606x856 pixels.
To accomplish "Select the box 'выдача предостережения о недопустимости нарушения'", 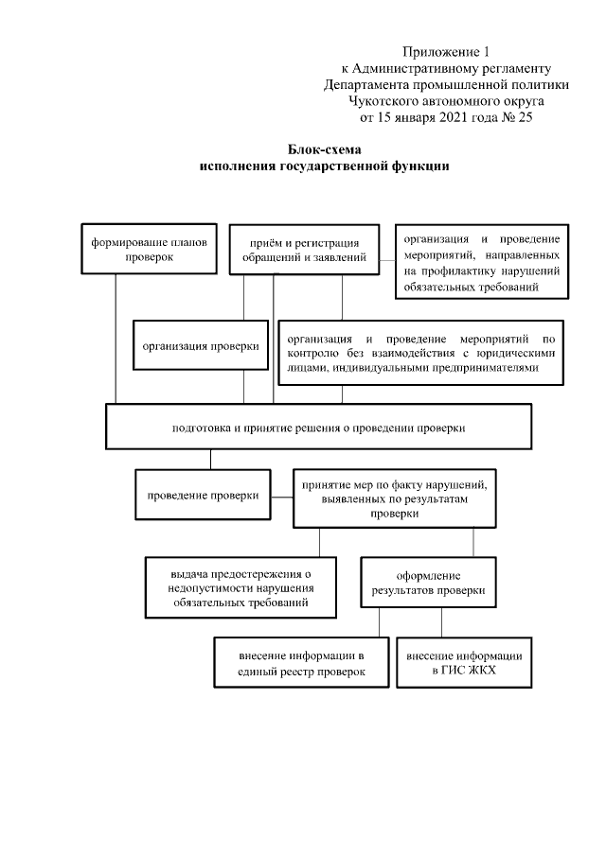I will click(241, 587).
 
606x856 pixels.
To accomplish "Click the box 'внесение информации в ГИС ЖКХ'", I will click(464, 662).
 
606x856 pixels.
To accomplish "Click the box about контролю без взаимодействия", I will click(420, 353).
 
